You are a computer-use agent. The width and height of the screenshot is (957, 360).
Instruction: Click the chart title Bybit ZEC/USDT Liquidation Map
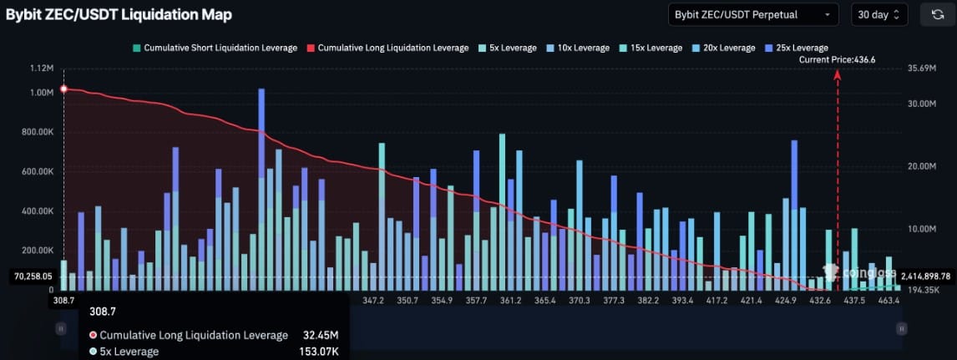coord(119,14)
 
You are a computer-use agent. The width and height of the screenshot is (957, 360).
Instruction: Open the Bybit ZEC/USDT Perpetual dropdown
coord(753,14)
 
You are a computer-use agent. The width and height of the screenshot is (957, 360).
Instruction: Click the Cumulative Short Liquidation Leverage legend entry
coord(215,48)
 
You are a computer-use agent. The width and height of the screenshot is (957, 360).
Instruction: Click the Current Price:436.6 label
coord(837,59)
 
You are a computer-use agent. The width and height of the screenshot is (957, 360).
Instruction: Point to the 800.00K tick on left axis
coord(35,132)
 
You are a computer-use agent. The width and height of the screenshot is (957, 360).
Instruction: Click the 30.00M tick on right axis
coord(924,104)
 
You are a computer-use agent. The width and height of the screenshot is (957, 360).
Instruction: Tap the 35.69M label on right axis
coord(923,68)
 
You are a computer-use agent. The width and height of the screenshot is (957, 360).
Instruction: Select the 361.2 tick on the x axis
coord(509,300)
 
